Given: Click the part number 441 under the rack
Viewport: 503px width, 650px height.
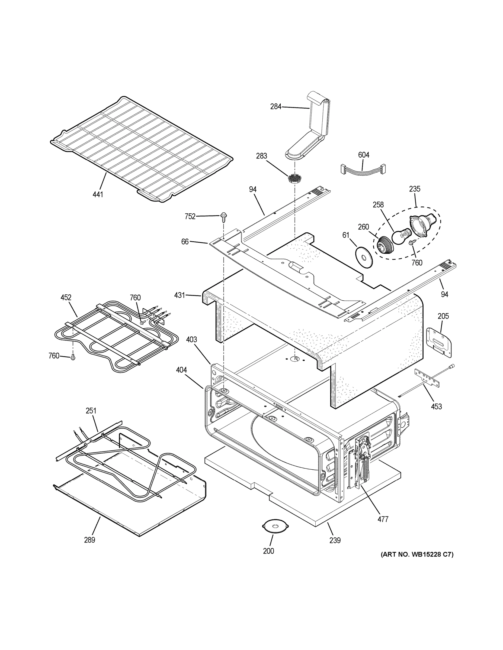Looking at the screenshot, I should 98,195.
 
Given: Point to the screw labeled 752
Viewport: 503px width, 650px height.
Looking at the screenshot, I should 223,217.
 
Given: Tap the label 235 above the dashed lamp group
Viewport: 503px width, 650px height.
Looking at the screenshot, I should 415,189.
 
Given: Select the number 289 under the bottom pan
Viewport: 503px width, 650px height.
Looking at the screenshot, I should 89,540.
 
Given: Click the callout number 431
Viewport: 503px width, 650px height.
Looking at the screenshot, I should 180,295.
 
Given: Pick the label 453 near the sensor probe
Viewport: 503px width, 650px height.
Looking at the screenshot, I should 436,406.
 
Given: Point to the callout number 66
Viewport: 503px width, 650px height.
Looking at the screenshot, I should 185,242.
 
